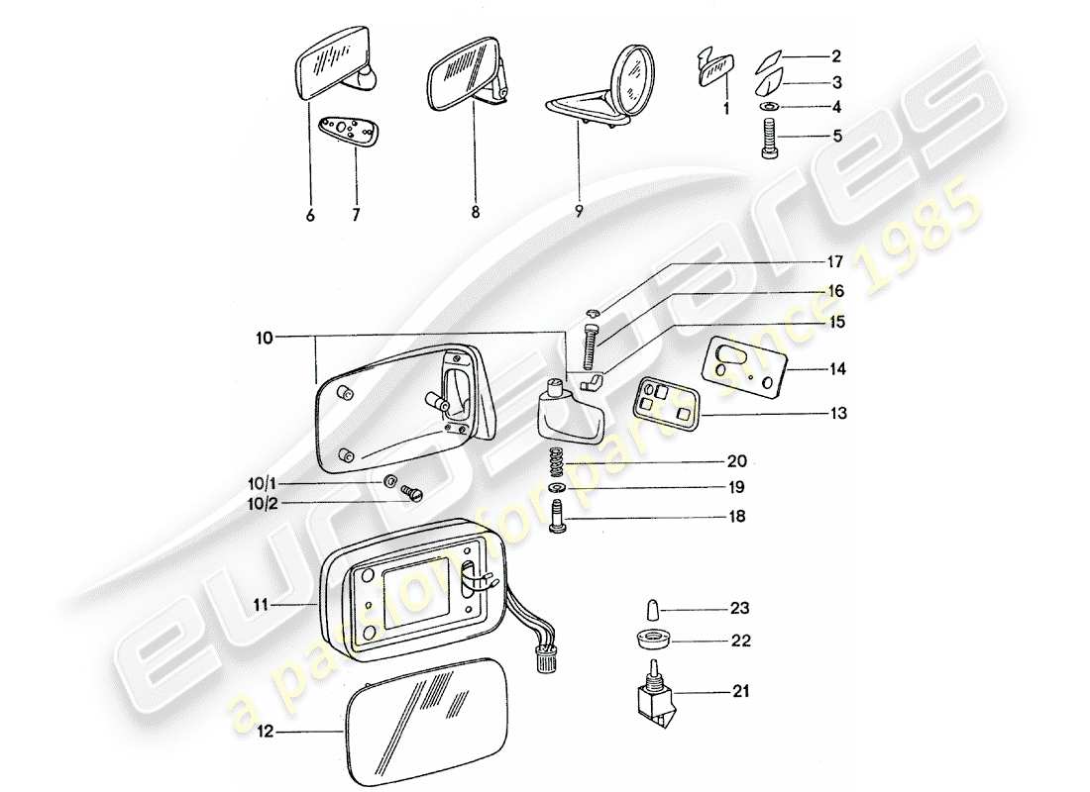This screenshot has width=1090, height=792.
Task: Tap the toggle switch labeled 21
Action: (x=649, y=697)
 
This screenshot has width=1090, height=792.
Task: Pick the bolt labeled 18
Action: (x=557, y=517)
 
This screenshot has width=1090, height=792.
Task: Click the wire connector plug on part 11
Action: (x=544, y=658)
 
